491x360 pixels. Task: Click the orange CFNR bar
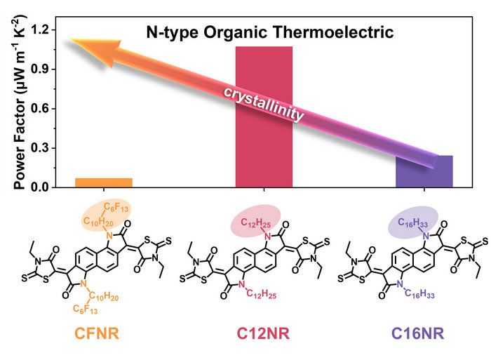(103, 182)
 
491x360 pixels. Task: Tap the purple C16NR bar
(424, 172)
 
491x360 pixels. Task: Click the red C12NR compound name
(265, 334)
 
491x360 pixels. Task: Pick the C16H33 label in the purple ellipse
(413, 223)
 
